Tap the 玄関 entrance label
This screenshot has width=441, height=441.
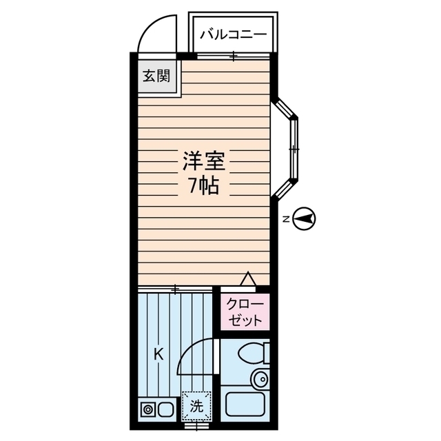[156, 75]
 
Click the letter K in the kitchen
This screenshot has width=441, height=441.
[158, 355]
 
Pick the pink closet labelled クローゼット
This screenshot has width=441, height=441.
[243, 313]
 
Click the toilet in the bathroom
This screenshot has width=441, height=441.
[252, 354]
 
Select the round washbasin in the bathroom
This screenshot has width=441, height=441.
[260, 378]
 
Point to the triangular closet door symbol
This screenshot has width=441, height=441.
[247, 279]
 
